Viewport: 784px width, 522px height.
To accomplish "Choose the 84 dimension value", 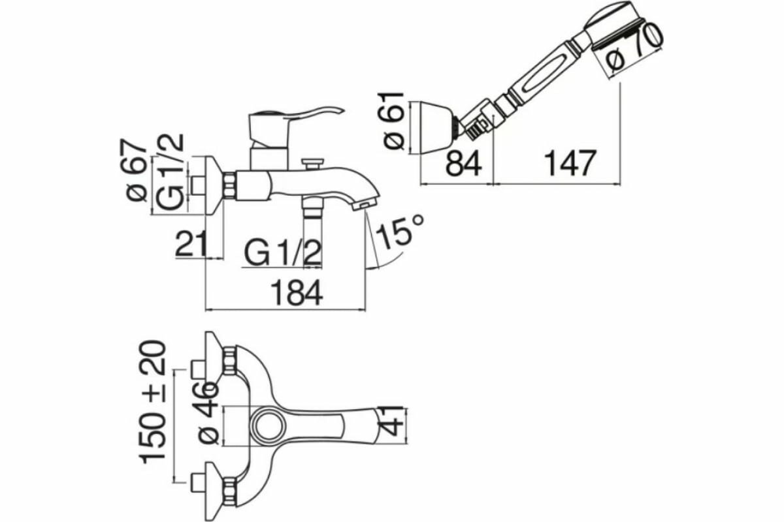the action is [463, 163].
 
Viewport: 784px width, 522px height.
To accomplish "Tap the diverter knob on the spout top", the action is [313, 161].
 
